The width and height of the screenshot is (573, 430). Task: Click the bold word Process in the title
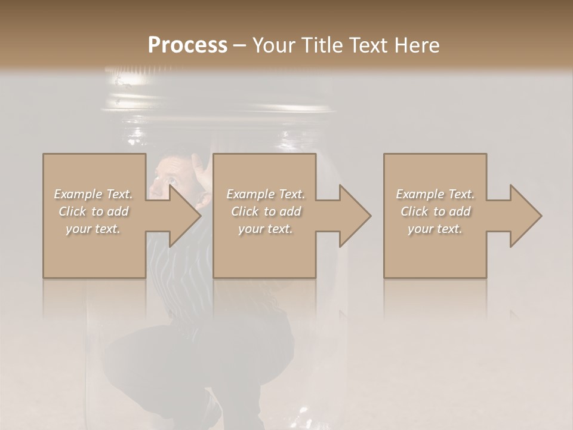(x=187, y=45)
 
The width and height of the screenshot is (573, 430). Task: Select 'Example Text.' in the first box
(x=94, y=194)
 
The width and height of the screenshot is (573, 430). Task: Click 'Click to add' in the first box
(x=94, y=211)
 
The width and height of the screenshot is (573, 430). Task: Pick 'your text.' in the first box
(x=94, y=229)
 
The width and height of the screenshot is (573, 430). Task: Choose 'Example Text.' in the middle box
(x=266, y=194)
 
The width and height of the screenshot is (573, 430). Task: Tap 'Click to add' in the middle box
(x=266, y=211)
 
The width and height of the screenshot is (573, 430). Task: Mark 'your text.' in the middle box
(x=266, y=229)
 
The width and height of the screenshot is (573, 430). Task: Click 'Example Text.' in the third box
(x=436, y=194)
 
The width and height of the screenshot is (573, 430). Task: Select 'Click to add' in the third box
(x=436, y=211)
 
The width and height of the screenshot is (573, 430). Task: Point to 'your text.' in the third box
(x=436, y=229)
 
